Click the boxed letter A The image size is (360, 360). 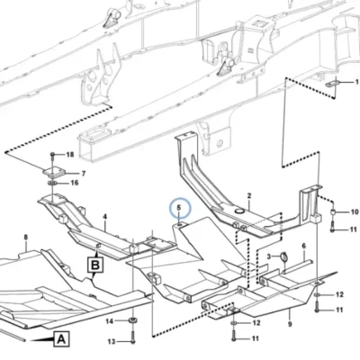point(61,339)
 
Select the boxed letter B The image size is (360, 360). point(95,265)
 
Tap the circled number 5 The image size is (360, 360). point(180,208)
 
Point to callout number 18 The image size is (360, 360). point(70,155)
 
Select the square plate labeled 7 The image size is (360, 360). point(54,173)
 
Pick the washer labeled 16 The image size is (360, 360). point(52,183)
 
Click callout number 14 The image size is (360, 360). point(109,321)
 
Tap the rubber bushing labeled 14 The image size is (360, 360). point(132,320)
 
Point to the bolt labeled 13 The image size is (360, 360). point(132,337)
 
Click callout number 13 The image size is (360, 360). point(112,341)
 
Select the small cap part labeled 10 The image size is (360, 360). point(333,212)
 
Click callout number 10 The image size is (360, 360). point(355,212)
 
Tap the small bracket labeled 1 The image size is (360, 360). point(332,83)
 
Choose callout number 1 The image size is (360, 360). point(357,82)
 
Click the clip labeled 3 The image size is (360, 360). point(283,257)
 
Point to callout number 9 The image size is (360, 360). point(290,324)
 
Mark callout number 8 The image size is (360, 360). point(26,238)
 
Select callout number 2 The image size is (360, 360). point(249,196)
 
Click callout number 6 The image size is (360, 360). point(304,246)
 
